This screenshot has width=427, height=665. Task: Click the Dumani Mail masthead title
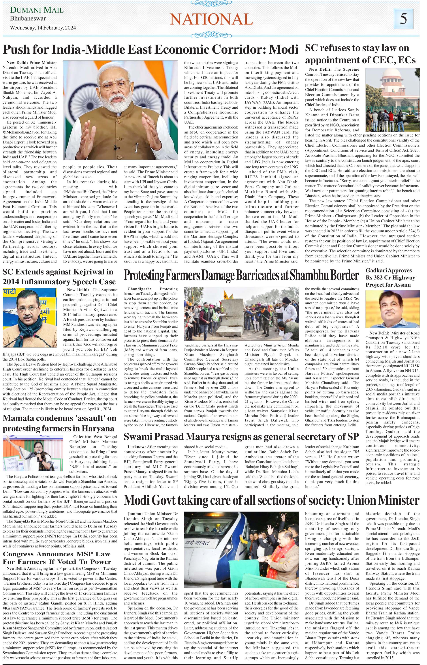point(37,10)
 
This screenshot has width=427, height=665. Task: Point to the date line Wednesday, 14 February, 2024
point(43,28)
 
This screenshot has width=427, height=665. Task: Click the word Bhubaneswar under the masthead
point(28,19)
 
